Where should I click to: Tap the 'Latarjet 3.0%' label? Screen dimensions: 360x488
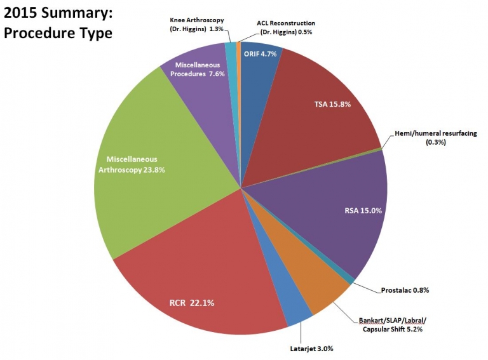pos(307,349)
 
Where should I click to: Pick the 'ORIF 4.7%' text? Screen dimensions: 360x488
pos(261,53)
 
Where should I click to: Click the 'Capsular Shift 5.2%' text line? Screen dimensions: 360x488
pos(392,329)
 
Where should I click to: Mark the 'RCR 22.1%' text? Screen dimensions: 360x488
pos(191,303)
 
